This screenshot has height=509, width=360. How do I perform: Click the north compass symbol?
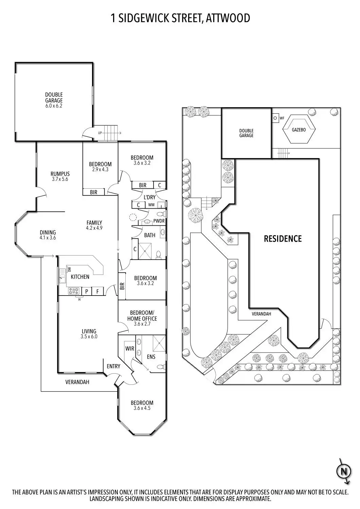coord(344,472)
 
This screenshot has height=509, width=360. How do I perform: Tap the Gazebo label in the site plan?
coord(299,130)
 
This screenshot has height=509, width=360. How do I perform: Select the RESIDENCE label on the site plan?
coord(283,239)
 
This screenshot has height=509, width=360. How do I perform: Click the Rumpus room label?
coord(60,174)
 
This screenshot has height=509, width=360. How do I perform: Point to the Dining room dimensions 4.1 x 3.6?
coord(48,238)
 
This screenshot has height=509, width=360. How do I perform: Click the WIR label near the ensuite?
coord(130,348)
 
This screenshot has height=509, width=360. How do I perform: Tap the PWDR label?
coord(159,221)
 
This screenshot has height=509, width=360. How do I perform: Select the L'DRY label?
coord(149,197)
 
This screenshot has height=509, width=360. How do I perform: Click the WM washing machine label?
coord(151,205)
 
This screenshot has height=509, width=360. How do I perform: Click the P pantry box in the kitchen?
coord(86,291)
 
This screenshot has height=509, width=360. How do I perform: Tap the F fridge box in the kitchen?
coord(97,291)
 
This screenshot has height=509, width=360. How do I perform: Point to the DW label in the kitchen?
coord(70,269)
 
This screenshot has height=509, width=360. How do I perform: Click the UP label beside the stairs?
coord(100,133)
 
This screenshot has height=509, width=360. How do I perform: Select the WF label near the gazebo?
coord(282,118)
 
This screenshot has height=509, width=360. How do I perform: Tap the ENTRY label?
coord(113,366)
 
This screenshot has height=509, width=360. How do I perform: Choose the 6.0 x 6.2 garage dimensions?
coord(54,106)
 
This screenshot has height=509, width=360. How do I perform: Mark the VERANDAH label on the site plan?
coord(261,314)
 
